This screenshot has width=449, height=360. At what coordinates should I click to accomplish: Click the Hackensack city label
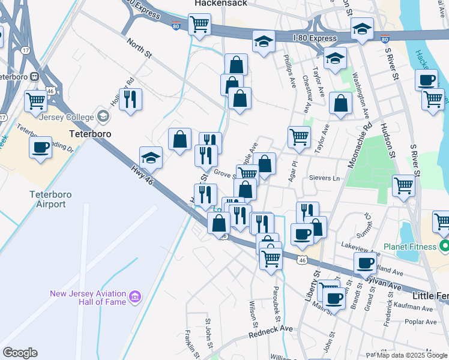pos(218,4)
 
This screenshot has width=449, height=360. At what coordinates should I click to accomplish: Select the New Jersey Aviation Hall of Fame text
pos(88,298)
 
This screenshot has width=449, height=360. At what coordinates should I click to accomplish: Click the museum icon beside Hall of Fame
pos(135,297)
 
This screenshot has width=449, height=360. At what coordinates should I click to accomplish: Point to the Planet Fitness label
pos(412,246)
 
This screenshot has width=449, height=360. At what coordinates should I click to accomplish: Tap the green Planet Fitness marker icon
pos(445,246)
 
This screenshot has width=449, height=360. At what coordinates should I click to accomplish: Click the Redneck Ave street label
pos(270,329)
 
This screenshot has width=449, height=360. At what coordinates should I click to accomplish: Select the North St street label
pos(139,47)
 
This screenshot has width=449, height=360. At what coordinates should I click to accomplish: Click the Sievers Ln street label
pos(325,178)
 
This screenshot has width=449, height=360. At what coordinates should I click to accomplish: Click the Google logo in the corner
pos(20,353)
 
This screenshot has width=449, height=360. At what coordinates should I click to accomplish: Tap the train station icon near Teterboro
pos(35,77)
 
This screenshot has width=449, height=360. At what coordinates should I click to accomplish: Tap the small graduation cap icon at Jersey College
pos(103,116)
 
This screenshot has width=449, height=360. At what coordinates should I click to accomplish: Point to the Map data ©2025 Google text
pos(412,355)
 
